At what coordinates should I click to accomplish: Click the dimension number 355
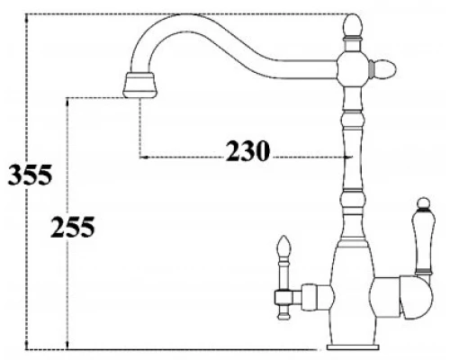click(x=30, y=175)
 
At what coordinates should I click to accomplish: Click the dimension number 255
click(x=73, y=227)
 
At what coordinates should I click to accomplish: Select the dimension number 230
click(x=247, y=151)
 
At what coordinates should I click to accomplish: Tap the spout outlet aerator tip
click(x=140, y=85)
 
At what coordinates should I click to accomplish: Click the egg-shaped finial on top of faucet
click(x=352, y=25)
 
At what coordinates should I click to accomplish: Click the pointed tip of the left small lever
click(x=283, y=237)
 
